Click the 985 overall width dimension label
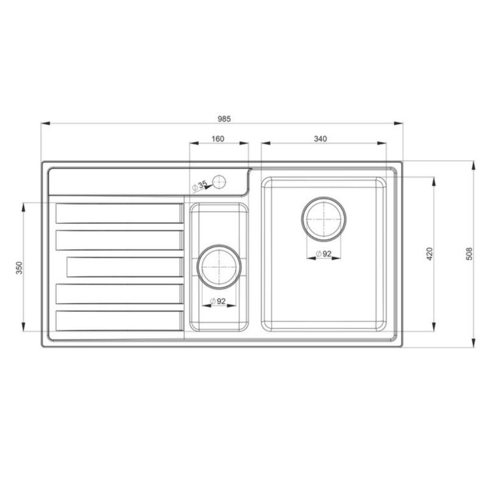[224, 119]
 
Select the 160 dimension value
[218, 139]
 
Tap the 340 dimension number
[320, 139]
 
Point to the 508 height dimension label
[470, 254]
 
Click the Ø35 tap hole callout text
[200, 185]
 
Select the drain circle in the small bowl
[219, 266]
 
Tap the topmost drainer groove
[119, 213]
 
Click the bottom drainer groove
[119, 321]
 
